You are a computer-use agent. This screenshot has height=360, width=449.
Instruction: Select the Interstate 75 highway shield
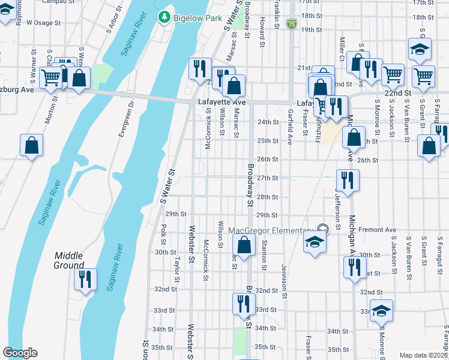coord(291,23)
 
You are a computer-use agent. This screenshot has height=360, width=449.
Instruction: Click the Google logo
coord(20,353)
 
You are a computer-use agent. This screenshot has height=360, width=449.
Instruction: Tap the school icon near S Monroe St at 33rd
coord(381,311)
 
